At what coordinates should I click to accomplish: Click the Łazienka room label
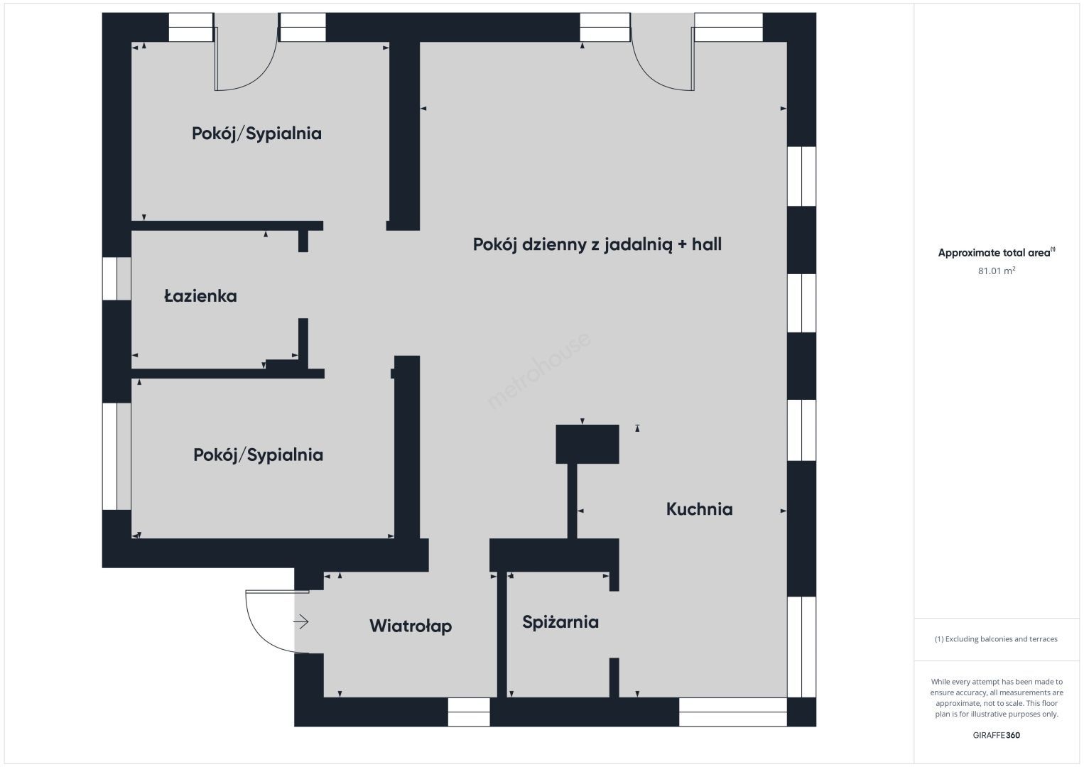click(200, 295)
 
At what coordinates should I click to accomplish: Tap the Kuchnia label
click(699, 509)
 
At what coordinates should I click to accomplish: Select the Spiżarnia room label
click(560, 622)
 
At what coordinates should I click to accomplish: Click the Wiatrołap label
click(411, 626)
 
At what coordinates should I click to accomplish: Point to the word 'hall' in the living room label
click(707, 244)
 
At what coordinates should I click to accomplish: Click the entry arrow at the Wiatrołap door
click(301, 622)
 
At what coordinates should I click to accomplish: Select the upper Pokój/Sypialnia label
click(256, 134)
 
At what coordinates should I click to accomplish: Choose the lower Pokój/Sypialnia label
click(258, 455)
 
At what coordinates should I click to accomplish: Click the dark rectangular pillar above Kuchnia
click(587, 445)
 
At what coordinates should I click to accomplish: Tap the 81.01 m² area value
click(997, 271)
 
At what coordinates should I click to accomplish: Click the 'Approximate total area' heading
click(997, 252)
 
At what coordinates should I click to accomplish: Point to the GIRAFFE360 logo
click(997, 736)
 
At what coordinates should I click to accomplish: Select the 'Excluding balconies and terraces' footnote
click(996, 639)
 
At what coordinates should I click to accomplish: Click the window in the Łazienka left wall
click(116, 278)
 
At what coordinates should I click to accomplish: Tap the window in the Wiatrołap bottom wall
click(468, 712)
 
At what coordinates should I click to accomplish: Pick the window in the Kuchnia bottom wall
click(732, 712)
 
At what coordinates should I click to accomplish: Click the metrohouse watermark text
click(538, 371)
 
